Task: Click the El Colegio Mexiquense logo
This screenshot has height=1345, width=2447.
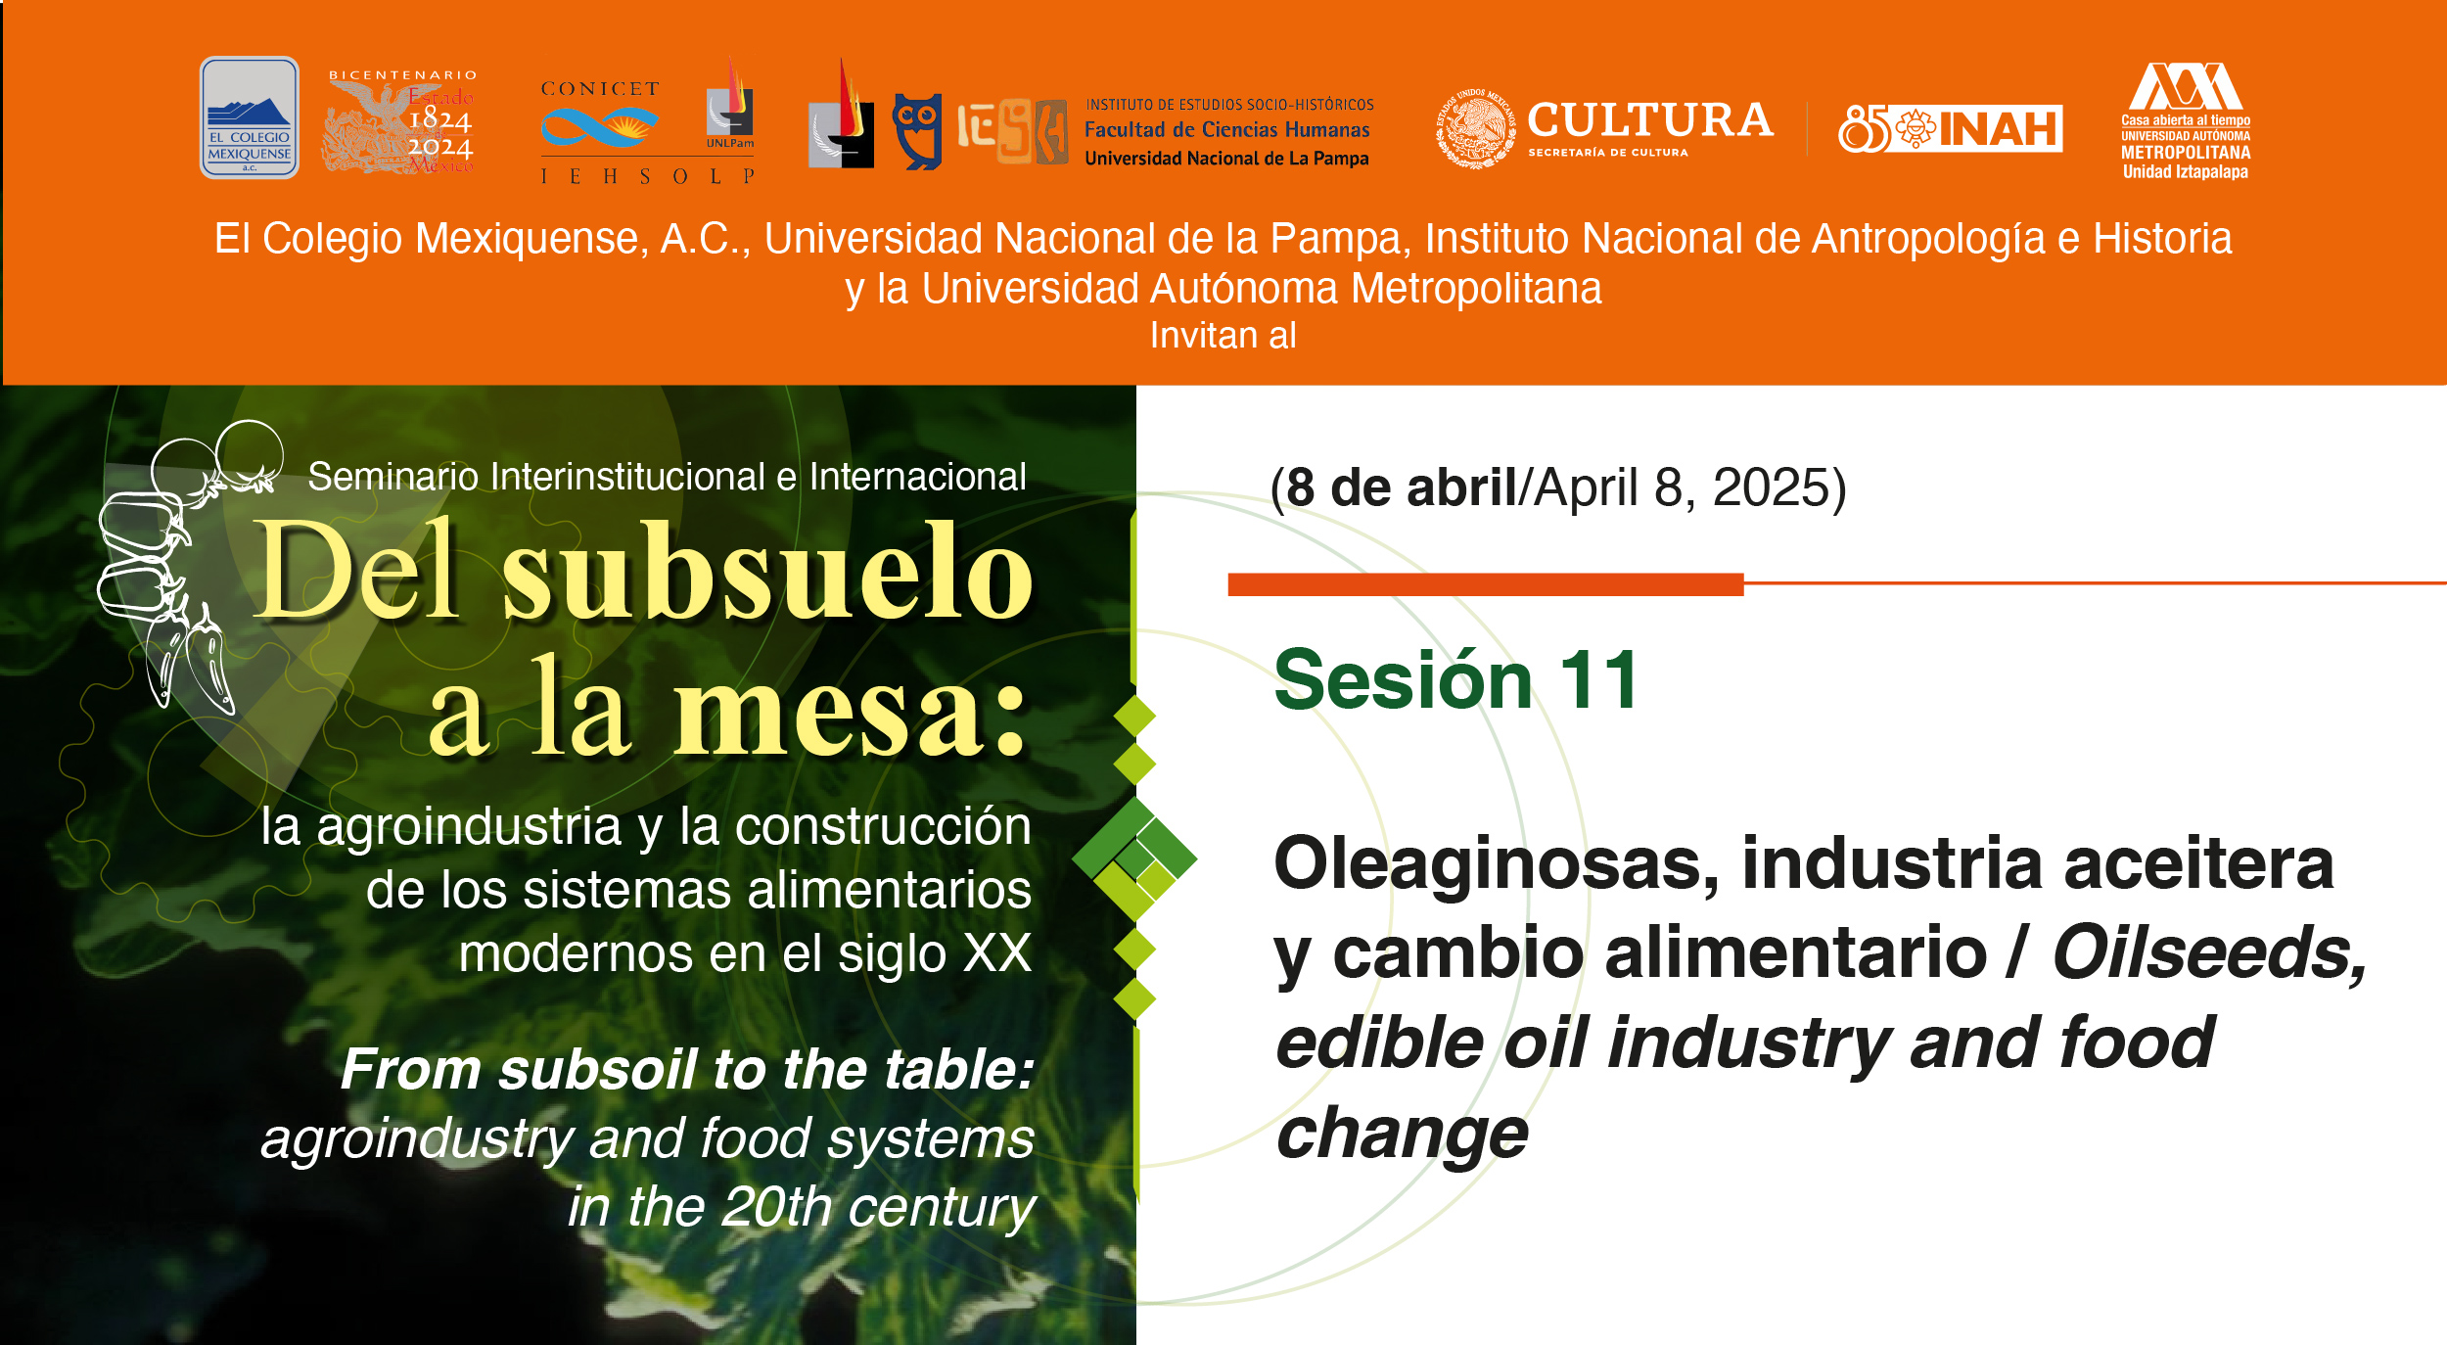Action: (249, 117)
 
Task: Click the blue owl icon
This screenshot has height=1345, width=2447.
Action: (917, 131)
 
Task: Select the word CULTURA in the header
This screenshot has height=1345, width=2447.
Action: (1649, 120)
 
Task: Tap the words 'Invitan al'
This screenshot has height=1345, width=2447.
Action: (1223, 336)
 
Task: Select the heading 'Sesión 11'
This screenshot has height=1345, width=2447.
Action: (1455, 679)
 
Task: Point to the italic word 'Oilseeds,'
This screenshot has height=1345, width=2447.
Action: (2208, 952)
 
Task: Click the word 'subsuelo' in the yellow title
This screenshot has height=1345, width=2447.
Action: (767, 572)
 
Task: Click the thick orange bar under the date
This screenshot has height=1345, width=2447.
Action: (1485, 584)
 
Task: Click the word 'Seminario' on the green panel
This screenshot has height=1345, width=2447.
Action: (392, 477)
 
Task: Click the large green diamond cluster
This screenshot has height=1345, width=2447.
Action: (1134, 858)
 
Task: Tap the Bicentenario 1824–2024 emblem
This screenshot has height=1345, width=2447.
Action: (401, 122)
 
